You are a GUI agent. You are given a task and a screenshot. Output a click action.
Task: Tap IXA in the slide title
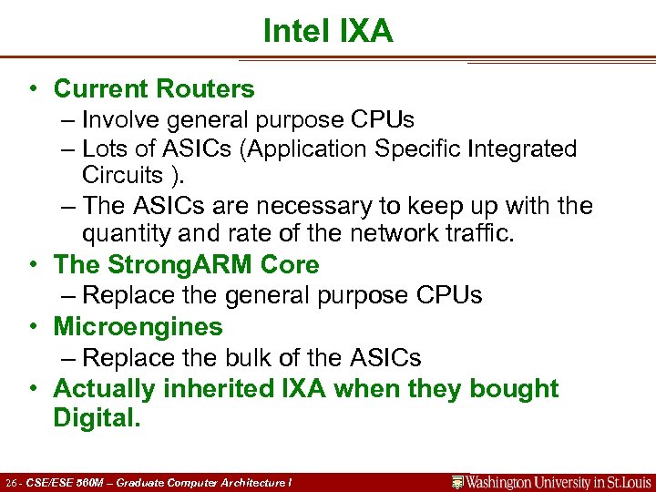tap(366, 32)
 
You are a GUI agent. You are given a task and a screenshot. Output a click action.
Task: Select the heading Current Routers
tap(154, 89)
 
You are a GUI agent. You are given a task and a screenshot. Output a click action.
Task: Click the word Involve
tap(119, 119)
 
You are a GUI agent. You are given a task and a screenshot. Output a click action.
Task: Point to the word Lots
tap(105, 149)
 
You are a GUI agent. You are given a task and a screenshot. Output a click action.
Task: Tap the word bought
tap(513, 388)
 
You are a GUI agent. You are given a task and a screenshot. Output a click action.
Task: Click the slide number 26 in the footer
tap(11, 482)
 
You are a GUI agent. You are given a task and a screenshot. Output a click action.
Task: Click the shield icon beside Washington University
tap(458, 482)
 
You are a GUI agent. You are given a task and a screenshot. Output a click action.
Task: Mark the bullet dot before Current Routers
tap(32, 89)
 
